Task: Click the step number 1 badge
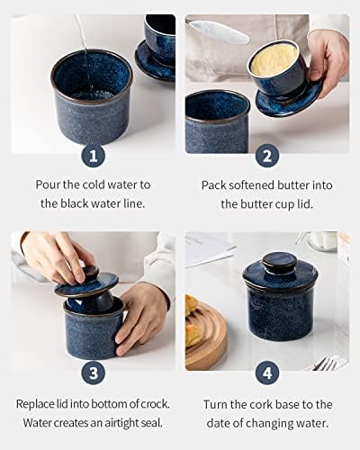tap(94, 156)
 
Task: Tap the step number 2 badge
tap(267, 156)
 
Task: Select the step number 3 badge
tap(94, 373)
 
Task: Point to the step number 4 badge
tap(267, 373)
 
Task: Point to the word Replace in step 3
tap(35, 404)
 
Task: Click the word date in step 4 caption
tap(219, 423)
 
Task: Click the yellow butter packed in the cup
tap(274, 60)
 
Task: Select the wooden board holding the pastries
tap(206, 336)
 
